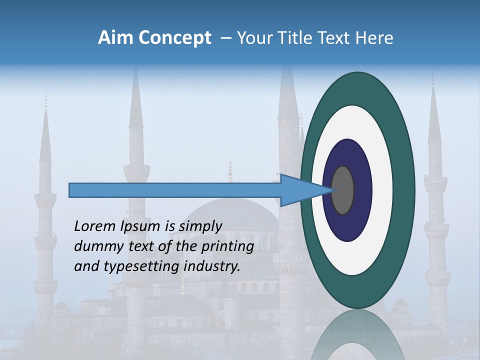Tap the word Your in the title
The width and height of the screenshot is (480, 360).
tap(254, 38)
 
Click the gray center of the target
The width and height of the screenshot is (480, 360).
tap(342, 190)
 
